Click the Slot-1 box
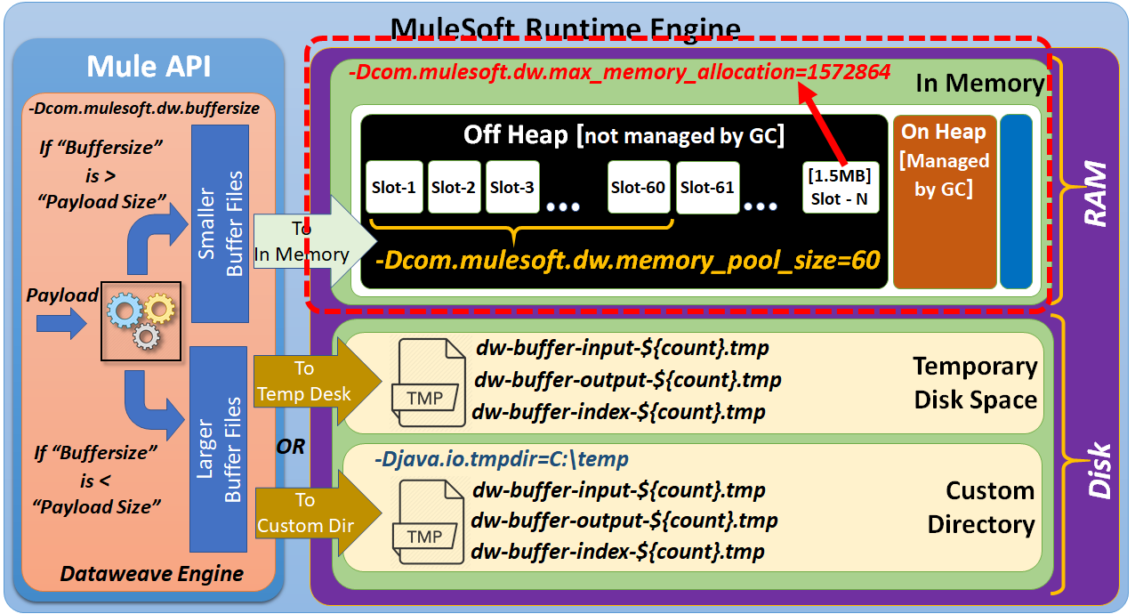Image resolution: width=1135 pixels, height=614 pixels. point(394,187)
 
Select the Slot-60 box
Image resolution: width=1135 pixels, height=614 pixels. point(639,187)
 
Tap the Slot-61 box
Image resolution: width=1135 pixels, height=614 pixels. point(707,187)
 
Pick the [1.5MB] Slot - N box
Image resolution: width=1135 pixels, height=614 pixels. point(840,187)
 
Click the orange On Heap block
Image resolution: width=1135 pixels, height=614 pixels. point(944,201)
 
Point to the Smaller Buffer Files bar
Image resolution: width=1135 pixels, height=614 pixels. point(220,224)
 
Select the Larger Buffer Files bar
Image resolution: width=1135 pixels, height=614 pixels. point(219,449)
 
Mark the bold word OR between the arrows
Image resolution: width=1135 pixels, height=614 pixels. point(290,446)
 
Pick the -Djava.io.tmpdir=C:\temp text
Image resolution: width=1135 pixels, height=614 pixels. point(502,460)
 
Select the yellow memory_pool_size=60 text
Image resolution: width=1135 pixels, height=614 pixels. point(627,260)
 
